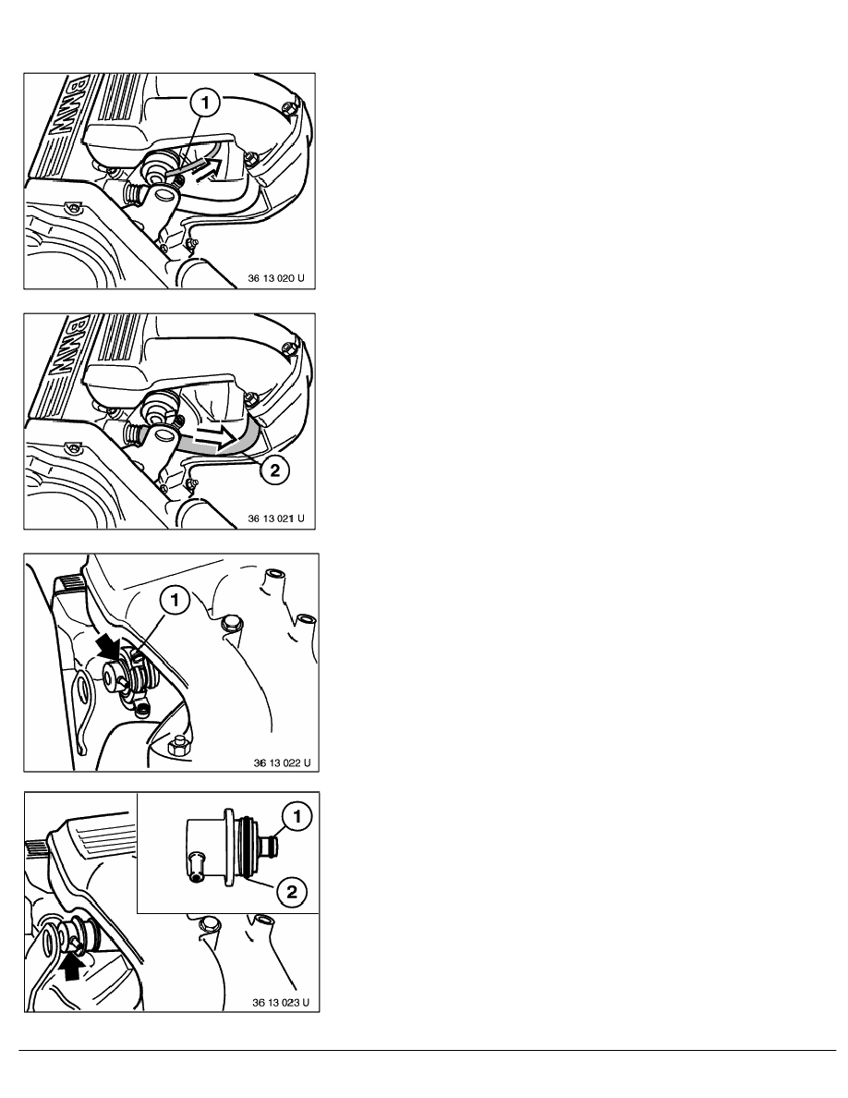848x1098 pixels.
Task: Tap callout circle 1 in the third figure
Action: (176, 601)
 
